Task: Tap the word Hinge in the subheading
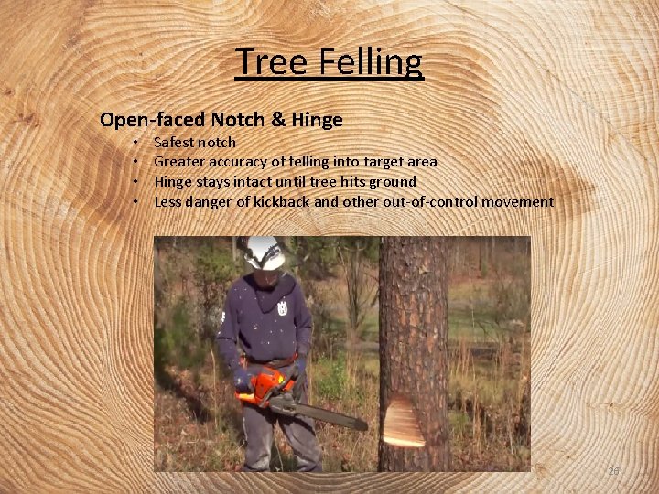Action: point(317,120)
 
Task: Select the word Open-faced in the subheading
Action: point(152,120)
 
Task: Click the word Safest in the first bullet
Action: point(174,142)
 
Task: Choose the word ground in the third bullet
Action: point(393,181)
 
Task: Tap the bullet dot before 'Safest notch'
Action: point(135,143)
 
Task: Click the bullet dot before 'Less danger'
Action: point(135,202)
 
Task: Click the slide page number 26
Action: point(613,471)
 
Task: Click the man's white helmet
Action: point(265,252)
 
